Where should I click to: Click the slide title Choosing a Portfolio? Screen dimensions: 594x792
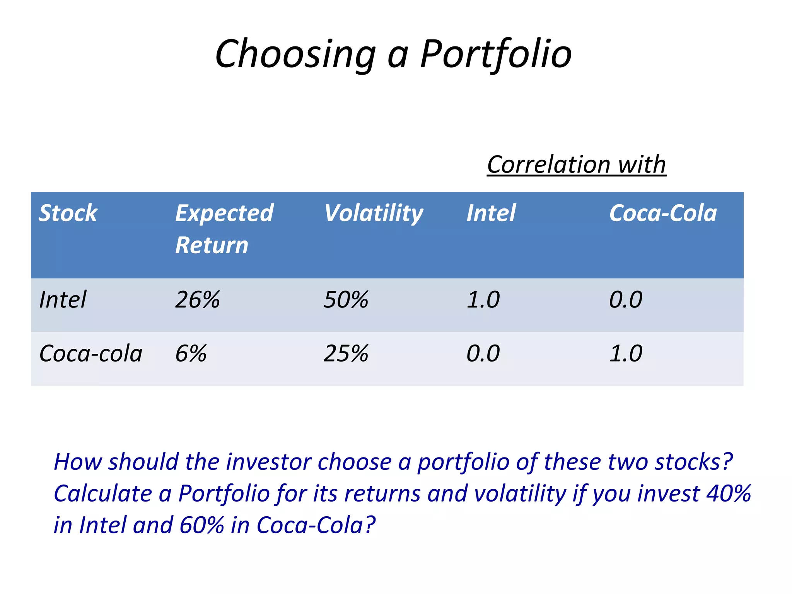click(x=393, y=54)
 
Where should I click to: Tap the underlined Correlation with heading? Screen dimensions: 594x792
click(x=576, y=164)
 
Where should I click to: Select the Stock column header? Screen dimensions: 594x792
click(x=68, y=213)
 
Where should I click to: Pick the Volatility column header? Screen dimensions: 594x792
click(x=373, y=213)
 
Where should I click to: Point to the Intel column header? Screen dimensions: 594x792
click(x=491, y=213)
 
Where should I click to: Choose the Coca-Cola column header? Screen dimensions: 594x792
click(x=663, y=213)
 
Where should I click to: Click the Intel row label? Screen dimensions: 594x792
click(x=63, y=300)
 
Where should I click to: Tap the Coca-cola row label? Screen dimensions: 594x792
click(x=91, y=353)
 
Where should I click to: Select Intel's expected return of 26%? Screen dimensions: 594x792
click(x=197, y=300)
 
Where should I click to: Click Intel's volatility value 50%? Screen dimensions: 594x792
click(x=346, y=300)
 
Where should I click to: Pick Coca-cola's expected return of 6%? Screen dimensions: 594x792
click(x=191, y=353)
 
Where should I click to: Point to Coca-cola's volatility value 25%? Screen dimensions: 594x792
click(x=346, y=353)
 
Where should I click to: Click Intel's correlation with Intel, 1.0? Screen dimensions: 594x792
click(x=483, y=300)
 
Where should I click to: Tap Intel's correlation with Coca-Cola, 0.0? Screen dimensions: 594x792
click(x=626, y=300)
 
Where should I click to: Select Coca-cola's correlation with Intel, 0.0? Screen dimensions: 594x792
click(x=483, y=353)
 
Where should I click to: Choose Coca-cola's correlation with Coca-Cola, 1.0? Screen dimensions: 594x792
click(x=626, y=353)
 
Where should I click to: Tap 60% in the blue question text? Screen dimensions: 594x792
click(x=201, y=525)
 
